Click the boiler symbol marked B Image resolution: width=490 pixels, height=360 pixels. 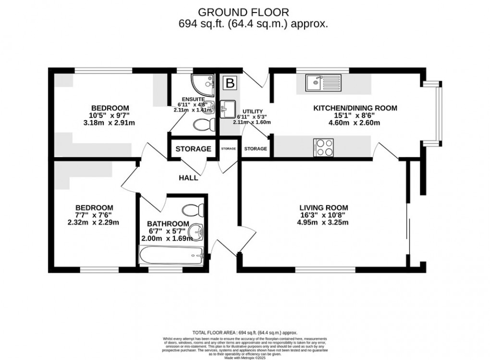click(x=231, y=84)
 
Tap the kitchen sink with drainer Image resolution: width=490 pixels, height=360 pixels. click(x=324, y=83)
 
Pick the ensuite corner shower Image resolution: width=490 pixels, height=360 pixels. click(x=201, y=84)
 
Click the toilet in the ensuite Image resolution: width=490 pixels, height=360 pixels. click(x=203, y=125)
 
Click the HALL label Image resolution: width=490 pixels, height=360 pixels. click(x=188, y=178)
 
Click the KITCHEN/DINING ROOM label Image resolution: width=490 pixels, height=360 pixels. click(x=355, y=108)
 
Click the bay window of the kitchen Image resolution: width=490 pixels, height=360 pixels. click(x=436, y=113)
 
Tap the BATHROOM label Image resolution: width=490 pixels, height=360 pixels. click(x=168, y=224)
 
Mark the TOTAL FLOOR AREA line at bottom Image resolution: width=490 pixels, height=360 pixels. click(x=245, y=332)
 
